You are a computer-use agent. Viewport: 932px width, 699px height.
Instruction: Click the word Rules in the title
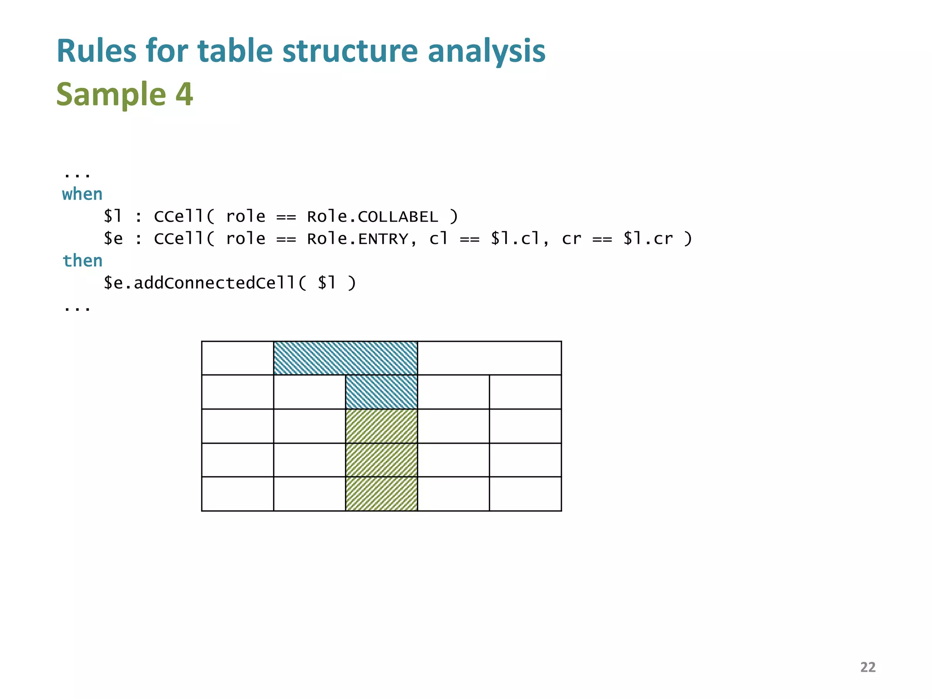(x=96, y=51)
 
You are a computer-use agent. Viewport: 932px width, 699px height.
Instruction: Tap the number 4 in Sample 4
(x=184, y=94)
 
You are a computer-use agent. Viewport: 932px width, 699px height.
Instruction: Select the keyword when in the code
(x=82, y=194)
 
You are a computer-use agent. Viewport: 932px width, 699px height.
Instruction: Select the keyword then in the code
(x=82, y=261)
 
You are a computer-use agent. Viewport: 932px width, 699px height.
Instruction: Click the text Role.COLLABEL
(x=372, y=217)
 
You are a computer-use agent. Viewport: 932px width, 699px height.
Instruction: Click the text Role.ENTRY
(x=358, y=238)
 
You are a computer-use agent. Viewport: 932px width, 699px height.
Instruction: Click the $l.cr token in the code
(x=648, y=238)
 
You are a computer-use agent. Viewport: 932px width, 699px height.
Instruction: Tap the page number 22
(x=867, y=667)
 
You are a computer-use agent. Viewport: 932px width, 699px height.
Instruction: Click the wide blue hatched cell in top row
(x=345, y=358)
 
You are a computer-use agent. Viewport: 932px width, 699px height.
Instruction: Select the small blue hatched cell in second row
(x=381, y=392)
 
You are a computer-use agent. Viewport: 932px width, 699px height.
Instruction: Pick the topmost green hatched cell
(x=381, y=426)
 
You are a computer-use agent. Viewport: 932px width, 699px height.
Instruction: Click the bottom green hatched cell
(x=381, y=494)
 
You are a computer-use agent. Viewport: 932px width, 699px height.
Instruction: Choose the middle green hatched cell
(x=381, y=460)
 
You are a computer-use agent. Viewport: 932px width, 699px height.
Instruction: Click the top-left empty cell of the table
(x=238, y=358)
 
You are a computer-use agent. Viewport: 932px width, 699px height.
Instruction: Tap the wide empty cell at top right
(x=489, y=358)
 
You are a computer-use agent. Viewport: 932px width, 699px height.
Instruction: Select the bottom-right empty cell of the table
(x=525, y=494)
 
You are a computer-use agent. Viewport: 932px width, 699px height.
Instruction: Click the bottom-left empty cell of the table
(x=238, y=494)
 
